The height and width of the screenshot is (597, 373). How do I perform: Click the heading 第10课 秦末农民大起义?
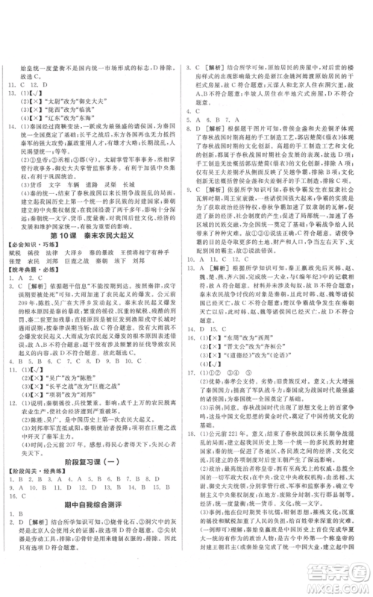(93, 230)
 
